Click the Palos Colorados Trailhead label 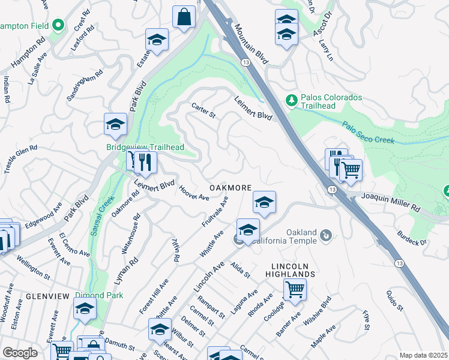click(331, 103)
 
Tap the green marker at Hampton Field click(58, 25)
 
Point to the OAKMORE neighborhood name click(230, 188)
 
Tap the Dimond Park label click(99, 295)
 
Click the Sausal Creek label click(100, 214)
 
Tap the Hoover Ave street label click(193, 193)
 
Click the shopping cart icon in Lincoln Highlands click(295, 289)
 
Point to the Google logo click(20, 353)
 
